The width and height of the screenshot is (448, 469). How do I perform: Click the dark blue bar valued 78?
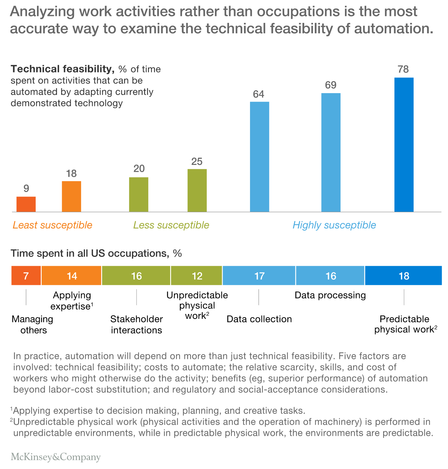[404, 145]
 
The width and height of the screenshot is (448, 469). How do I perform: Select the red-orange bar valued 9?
[26, 204]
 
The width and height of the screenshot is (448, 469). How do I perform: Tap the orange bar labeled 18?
[71, 196]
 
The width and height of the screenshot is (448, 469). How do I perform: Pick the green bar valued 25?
[197, 190]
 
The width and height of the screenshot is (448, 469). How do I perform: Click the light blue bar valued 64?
[259, 156]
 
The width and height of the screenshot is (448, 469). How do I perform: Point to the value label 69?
[331, 85]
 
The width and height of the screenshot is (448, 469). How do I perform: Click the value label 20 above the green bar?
[139, 169]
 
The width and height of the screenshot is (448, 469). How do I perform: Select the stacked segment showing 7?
[26, 276]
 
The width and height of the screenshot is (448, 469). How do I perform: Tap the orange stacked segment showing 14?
[71, 276]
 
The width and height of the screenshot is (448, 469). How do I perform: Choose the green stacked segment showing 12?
[197, 276]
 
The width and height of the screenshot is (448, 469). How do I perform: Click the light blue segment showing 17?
[259, 276]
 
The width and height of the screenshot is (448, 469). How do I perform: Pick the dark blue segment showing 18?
[404, 276]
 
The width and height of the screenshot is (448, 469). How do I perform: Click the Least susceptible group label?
[52, 225]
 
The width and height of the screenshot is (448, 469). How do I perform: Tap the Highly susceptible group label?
[334, 225]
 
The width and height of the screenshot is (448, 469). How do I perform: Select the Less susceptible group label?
[171, 225]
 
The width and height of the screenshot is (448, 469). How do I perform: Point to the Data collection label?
[259, 319]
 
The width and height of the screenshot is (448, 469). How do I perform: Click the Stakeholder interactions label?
[137, 324]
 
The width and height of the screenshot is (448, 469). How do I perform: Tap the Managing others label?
[33, 324]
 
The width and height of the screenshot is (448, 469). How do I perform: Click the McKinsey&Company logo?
[56, 457]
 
